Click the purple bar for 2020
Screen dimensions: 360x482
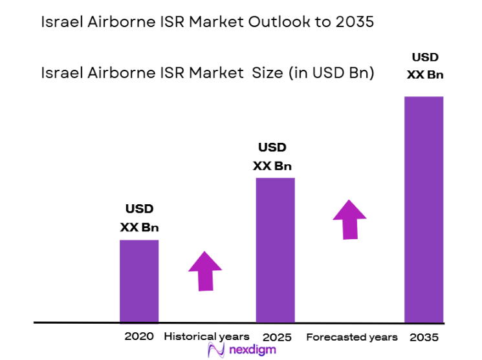coord(139,281)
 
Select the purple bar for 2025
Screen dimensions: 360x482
coord(275,249)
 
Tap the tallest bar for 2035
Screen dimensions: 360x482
coord(424,209)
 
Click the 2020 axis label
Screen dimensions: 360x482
coord(139,336)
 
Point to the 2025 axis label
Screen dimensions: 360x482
coord(277,337)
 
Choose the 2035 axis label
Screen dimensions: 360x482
coord(424,337)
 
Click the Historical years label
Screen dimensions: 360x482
coord(206,336)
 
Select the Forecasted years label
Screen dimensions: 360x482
coord(352,337)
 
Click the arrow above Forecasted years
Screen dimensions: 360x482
coord(349,219)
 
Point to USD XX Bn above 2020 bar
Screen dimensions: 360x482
coord(139,218)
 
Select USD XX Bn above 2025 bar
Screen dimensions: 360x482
coord(272,156)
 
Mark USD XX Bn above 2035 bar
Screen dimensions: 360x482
coord(425,66)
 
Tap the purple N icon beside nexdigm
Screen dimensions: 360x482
coord(215,350)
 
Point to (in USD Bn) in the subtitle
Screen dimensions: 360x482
coord(329,73)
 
